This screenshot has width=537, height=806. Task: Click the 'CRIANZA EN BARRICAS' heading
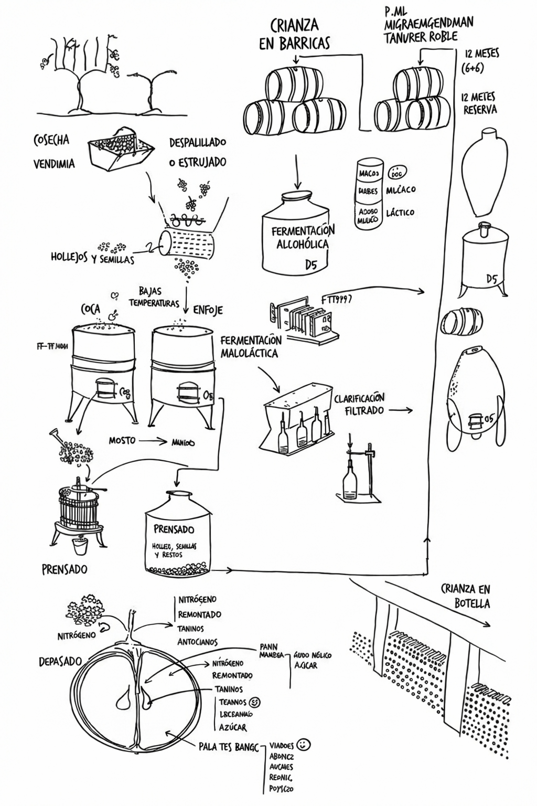pyautogui.click(x=295, y=34)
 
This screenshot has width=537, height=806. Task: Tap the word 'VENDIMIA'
pyautogui.click(x=54, y=164)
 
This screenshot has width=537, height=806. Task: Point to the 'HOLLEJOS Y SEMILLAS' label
pyautogui.click(x=92, y=259)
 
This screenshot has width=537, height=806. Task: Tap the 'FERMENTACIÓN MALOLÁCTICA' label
pyautogui.click(x=250, y=347)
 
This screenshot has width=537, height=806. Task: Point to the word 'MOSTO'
pyautogui.click(x=122, y=441)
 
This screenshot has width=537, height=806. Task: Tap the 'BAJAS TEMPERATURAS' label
pyautogui.click(x=153, y=297)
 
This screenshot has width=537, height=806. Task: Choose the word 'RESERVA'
pyautogui.click(x=480, y=110)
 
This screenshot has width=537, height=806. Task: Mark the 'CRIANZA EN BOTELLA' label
pyautogui.click(x=465, y=596)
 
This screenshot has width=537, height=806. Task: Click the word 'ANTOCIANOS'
pyautogui.click(x=197, y=642)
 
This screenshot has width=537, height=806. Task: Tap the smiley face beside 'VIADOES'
pyautogui.click(x=303, y=744)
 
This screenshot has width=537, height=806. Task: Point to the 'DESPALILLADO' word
pyautogui.click(x=198, y=143)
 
